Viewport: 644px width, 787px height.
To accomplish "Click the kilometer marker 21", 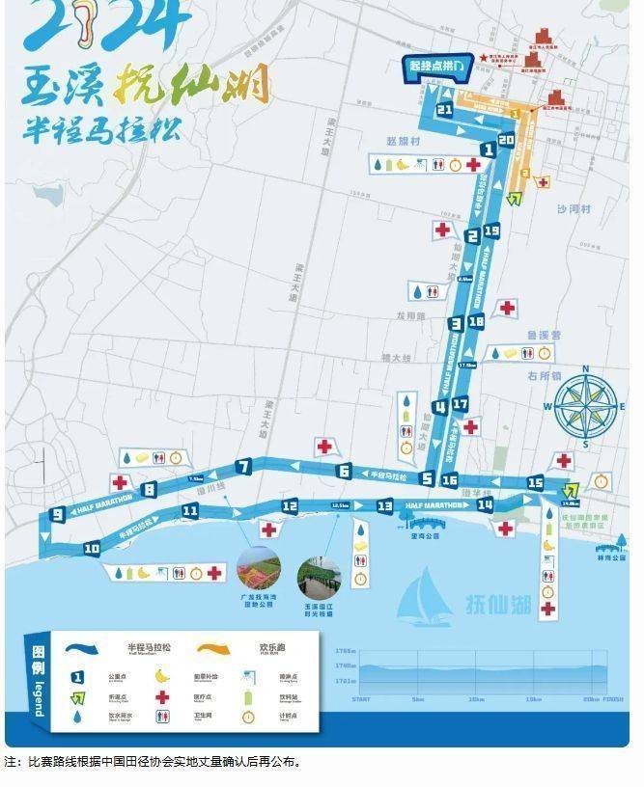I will click(444, 110).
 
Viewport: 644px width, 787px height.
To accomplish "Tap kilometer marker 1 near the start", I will click(489, 149).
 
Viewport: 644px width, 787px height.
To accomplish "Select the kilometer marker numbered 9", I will click(58, 514).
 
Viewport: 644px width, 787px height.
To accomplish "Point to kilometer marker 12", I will click(290, 505).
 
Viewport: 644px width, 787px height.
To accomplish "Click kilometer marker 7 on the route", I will click(243, 468).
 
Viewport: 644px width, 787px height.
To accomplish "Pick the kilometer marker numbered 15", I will click(535, 482).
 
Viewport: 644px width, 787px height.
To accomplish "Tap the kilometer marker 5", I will click(427, 477).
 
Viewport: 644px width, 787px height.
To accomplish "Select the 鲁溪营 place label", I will click(544, 335).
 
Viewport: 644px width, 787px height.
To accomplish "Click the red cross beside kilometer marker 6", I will click(323, 446).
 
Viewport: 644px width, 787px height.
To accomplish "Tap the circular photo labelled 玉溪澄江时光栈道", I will click(319, 577).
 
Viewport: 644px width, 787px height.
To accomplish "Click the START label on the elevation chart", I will click(361, 699).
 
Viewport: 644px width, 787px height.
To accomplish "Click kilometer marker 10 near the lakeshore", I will click(92, 548).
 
